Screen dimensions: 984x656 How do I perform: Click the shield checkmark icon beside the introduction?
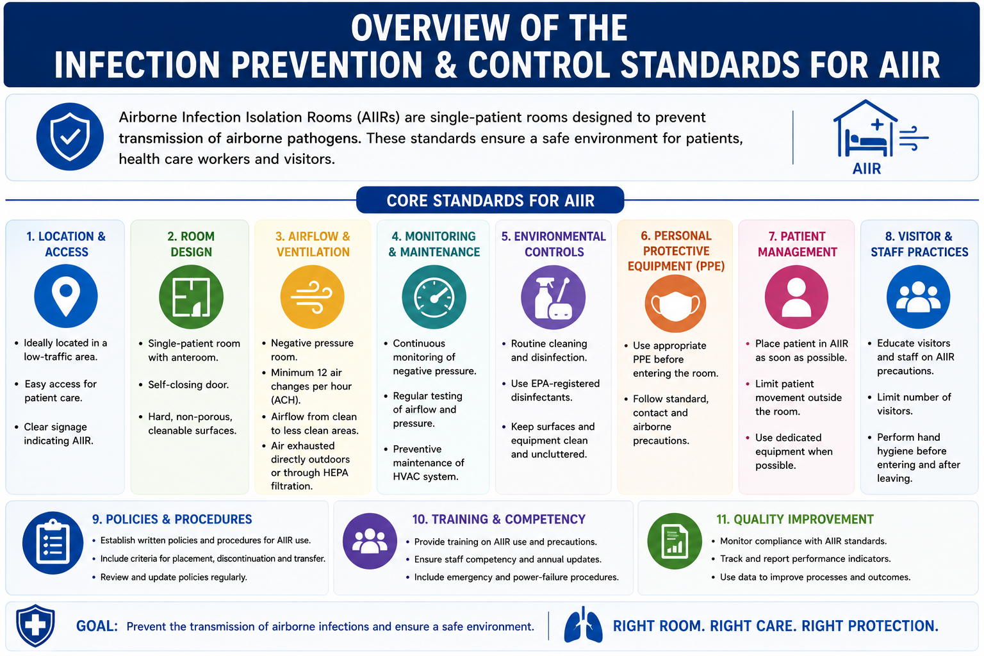tap(70, 136)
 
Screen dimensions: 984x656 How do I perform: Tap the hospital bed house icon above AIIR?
tap(866, 128)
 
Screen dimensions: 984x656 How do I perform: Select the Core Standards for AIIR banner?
tap(490, 201)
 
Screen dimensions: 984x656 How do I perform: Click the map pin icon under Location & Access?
tap(66, 296)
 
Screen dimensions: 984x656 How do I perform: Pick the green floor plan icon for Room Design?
tap(191, 297)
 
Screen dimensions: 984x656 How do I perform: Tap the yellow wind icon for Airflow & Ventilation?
tap(313, 297)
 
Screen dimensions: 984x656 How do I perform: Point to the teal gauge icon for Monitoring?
tap(434, 297)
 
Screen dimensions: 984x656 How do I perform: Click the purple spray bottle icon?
tap(553, 297)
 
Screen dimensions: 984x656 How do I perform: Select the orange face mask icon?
tap(676, 304)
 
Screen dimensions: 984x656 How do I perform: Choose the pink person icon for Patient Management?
tap(796, 297)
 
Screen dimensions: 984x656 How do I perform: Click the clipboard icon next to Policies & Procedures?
tap(53, 543)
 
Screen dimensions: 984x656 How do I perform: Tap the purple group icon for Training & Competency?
tap(370, 541)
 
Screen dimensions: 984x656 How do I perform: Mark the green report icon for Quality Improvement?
tap(675, 541)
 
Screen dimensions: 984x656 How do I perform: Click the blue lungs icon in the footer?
tap(584, 625)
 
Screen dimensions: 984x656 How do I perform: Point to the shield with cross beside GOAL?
tap(36, 626)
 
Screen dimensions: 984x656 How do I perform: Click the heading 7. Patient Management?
tap(798, 244)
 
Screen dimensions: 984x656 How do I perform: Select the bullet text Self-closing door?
tap(188, 385)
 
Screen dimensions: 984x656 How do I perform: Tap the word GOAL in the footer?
tap(97, 626)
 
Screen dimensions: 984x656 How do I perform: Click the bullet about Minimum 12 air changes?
tap(311, 386)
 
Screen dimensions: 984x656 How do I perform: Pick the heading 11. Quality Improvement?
tap(795, 520)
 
